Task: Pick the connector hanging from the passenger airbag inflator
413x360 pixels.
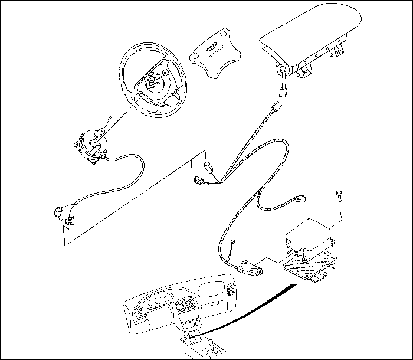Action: (x=283, y=90)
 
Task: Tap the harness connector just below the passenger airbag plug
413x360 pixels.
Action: (x=275, y=109)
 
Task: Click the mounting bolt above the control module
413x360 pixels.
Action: (x=340, y=197)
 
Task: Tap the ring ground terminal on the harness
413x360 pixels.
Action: (x=234, y=241)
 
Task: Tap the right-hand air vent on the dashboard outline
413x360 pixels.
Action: (x=231, y=290)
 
